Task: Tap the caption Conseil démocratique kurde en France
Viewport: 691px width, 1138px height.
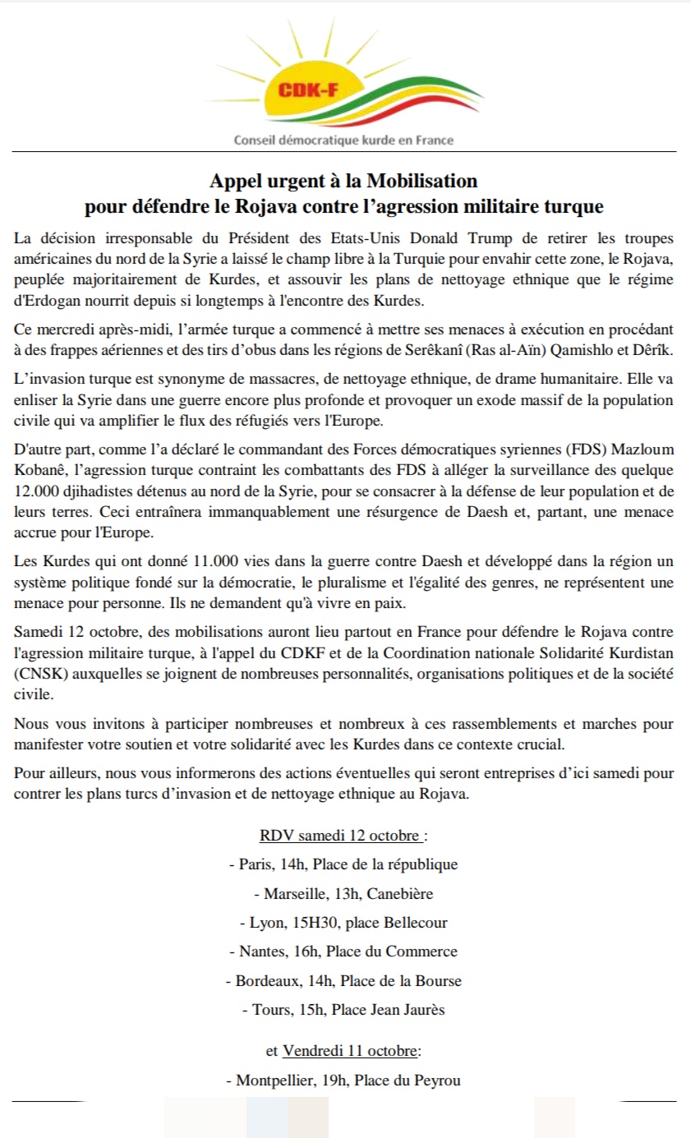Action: click(344, 141)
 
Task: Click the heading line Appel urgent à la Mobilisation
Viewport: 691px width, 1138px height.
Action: click(343, 180)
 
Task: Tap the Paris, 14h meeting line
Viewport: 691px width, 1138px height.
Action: click(343, 864)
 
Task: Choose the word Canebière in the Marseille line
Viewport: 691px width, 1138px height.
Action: click(403, 893)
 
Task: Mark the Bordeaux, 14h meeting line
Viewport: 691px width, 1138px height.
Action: click(343, 980)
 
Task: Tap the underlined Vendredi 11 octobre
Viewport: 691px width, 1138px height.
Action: click(352, 1051)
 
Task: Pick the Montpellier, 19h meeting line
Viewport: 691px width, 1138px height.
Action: click(343, 1080)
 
